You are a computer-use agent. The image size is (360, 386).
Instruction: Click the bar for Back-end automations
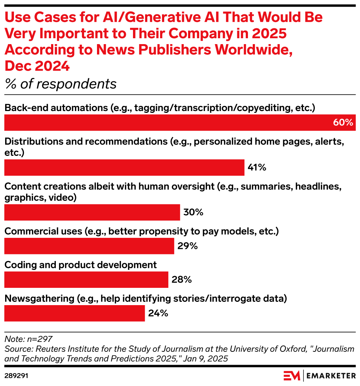pyautogui.click(x=180, y=122)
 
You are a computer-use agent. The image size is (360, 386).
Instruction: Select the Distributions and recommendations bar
pyautogui.click(x=124, y=168)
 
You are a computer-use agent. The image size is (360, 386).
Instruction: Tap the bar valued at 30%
pyautogui.click(x=92, y=212)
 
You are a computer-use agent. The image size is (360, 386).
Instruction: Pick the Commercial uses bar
pyautogui.click(x=89, y=246)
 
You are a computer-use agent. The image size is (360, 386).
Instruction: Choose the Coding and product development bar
pyautogui.click(x=86, y=280)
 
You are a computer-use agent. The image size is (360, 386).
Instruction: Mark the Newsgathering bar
pyautogui.click(x=75, y=313)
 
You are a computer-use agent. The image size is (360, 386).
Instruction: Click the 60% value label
pyautogui.click(x=343, y=123)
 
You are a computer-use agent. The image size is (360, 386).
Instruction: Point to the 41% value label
pyautogui.click(x=257, y=168)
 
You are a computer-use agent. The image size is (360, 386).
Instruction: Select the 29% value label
pyautogui.click(x=187, y=246)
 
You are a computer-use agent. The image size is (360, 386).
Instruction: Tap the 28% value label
pyautogui.click(x=181, y=280)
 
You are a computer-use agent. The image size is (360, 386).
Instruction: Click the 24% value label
pyautogui.click(x=158, y=313)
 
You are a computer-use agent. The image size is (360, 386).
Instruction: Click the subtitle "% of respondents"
pyautogui.click(x=61, y=84)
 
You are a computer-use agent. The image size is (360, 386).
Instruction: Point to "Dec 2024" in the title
pyautogui.click(x=37, y=67)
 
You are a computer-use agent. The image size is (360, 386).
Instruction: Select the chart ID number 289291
pyautogui.click(x=17, y=376)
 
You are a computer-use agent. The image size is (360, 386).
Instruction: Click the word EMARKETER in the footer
pyautogui.click(x=331, y=376)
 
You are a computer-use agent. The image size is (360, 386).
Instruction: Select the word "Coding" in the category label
pyautogui.click(x=18, y=265)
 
